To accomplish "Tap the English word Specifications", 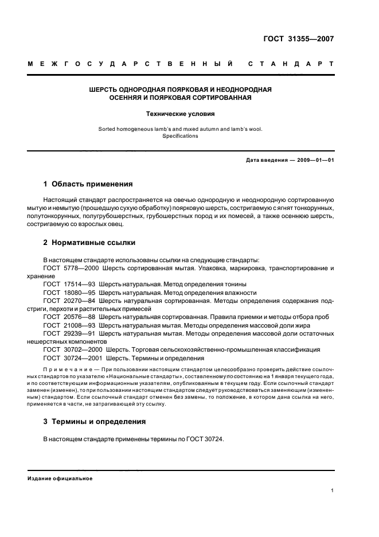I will coord(180,136).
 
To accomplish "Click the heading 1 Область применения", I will coord(88,184).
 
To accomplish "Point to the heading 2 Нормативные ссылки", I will coord(89,243).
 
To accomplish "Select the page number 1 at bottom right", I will coord(333,491).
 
